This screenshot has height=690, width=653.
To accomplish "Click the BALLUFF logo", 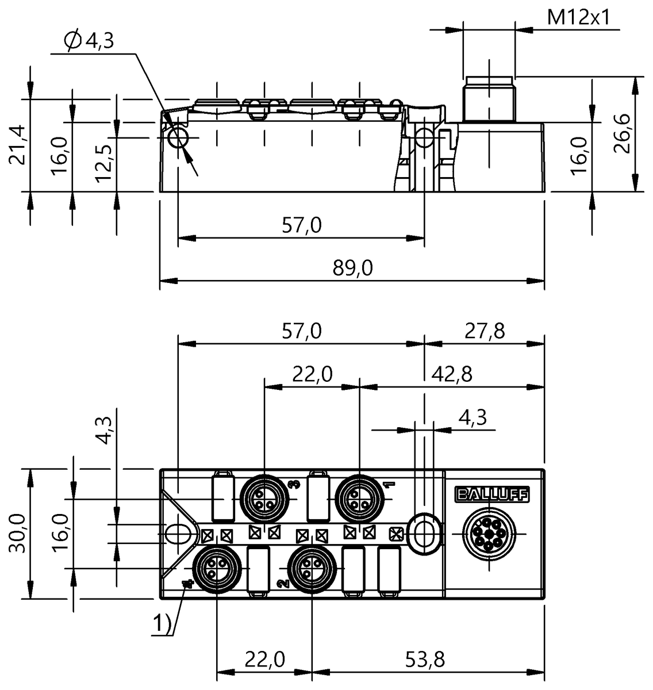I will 492,495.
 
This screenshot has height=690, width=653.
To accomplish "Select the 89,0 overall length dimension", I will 353,268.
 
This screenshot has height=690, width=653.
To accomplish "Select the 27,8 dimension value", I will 484,331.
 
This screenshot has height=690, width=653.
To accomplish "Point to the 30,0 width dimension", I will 17,533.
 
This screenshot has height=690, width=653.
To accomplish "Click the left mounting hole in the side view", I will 178,139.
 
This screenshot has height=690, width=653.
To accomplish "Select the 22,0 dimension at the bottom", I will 264,659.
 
